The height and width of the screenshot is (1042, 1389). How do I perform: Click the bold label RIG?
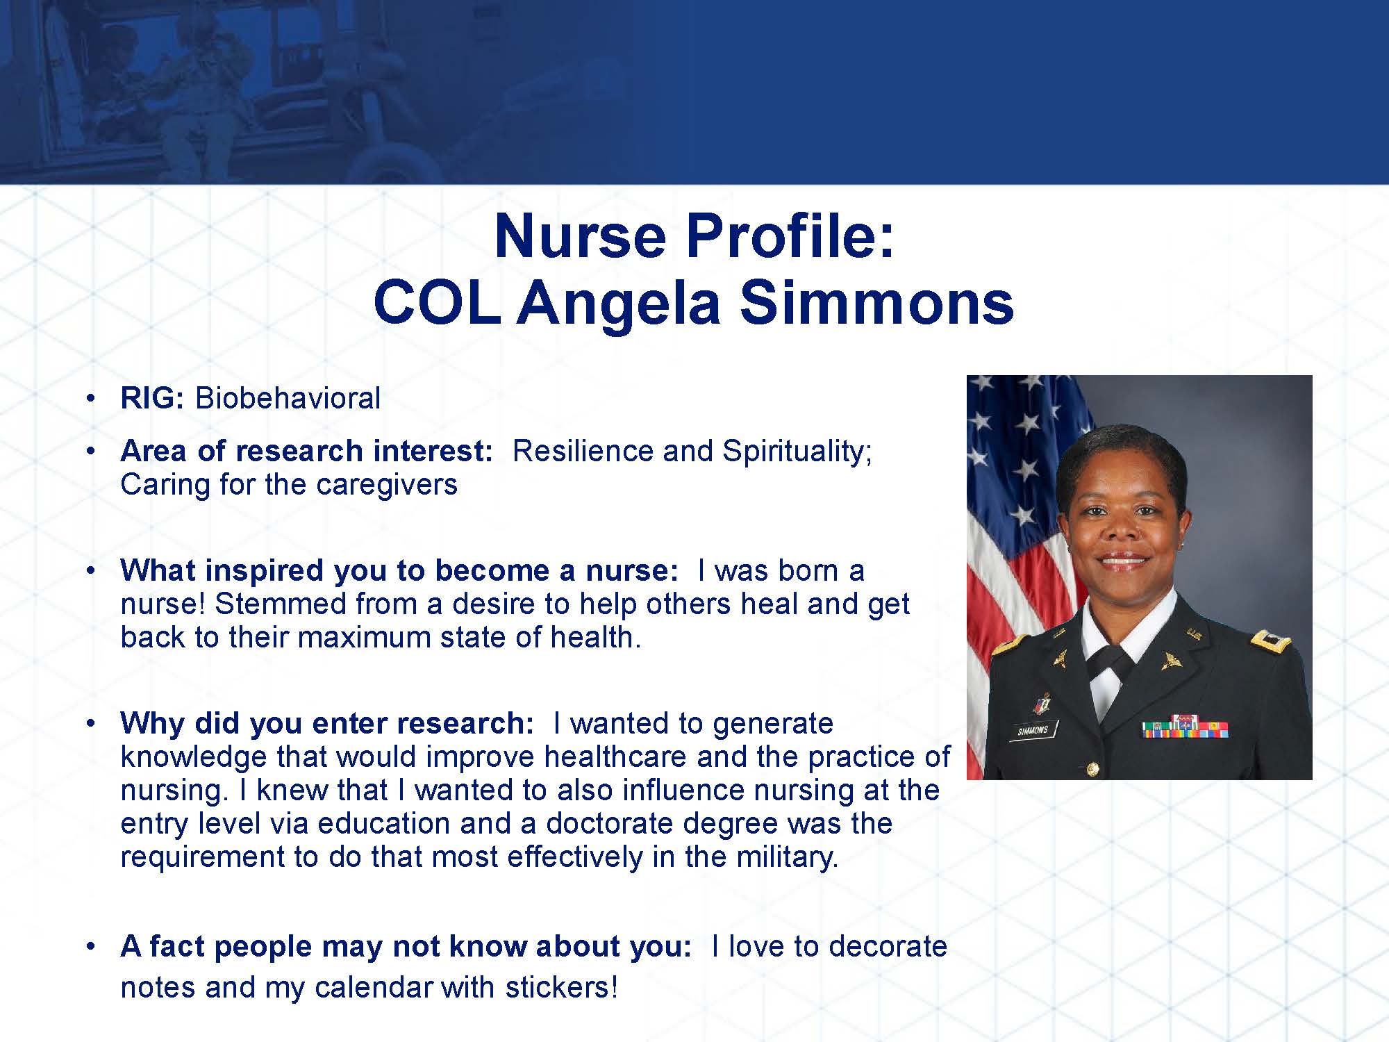coord(152,398)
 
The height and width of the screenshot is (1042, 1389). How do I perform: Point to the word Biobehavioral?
coord(288,398)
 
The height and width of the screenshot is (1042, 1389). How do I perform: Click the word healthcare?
coord(615,756)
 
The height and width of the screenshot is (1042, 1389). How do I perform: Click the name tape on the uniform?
coord(1033,730)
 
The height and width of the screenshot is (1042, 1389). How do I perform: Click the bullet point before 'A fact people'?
coord(90,947)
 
